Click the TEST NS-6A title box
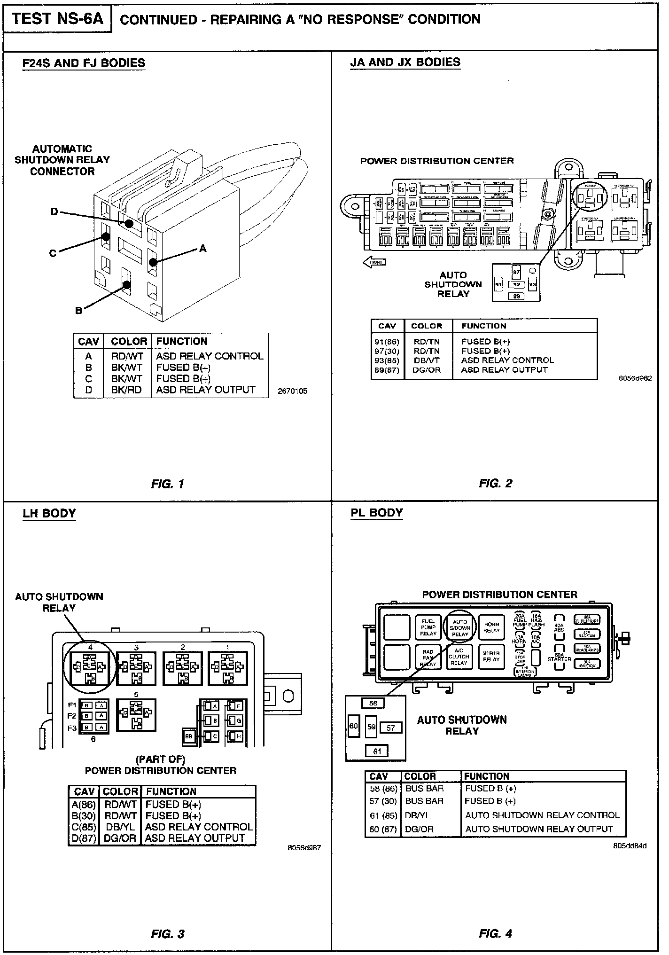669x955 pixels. coord(57,19)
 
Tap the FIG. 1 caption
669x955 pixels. coord(168,484)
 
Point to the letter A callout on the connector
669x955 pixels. coord(202,248)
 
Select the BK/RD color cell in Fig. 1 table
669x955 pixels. coord(126,390)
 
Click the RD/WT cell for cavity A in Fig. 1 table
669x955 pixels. coord(126,356)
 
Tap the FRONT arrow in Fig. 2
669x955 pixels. coord(374,262)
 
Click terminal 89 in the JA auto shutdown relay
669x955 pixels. coord(516,296)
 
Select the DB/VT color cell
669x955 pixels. coord(426,360)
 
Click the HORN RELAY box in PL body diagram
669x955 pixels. coord(491,627)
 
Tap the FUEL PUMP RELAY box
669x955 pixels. coord(428,627)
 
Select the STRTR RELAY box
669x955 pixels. coord(491,656)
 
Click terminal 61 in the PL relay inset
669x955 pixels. coord(377,751)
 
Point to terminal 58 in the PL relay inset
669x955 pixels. coord(373,703)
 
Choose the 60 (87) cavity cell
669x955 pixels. coord(383,829)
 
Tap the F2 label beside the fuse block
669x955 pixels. coord(72,716)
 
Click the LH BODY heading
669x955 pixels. coord(49,513)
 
